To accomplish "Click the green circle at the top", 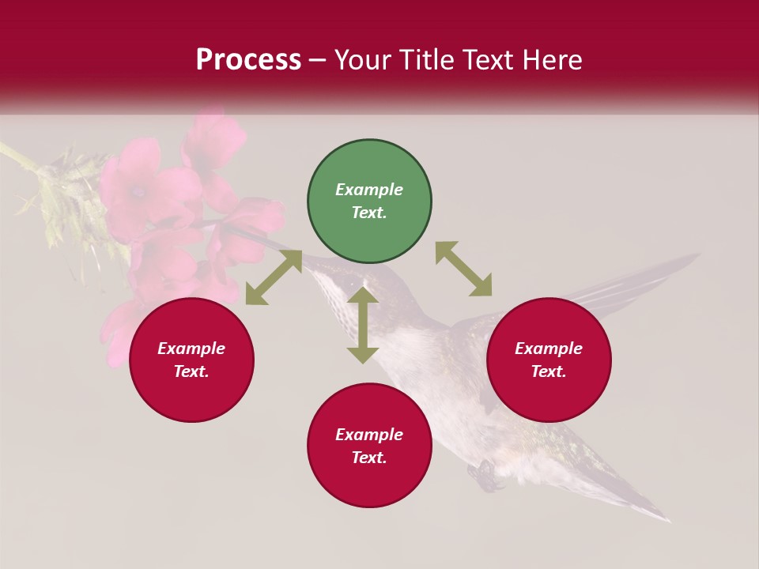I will (369, 202).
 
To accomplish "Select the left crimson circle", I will (191, 360).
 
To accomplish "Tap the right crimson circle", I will (549, 360).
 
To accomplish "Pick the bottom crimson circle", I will (369, 446).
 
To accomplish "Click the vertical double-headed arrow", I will (363, 325).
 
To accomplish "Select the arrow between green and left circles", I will (274, 277).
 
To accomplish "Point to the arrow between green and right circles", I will (463, 269).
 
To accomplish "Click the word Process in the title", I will (248, 60).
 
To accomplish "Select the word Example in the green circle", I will (369, 190).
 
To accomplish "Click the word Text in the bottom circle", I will (369, 458).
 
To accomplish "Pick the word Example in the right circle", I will (549, 349).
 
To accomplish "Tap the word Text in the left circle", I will (191, 371).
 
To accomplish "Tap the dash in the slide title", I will (318, 61).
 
